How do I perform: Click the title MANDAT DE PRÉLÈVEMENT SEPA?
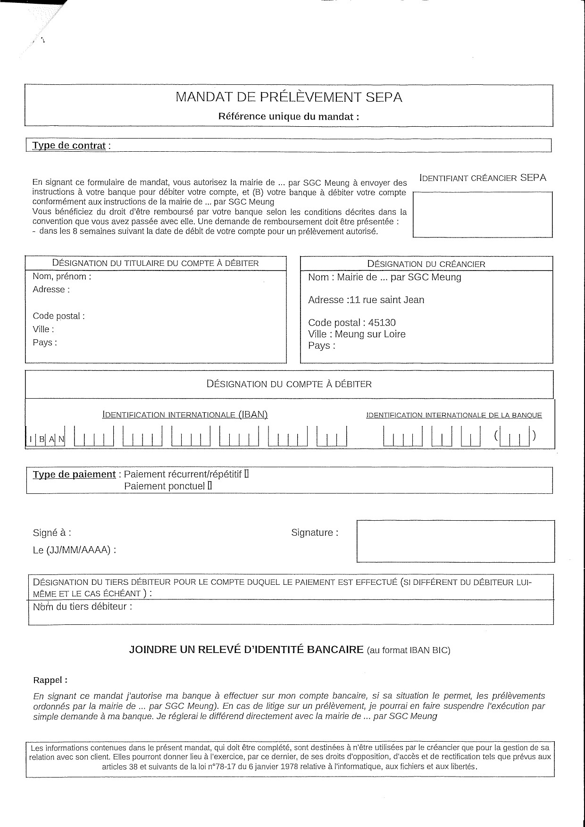tap(289, 97)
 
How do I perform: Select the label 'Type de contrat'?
tap(69, 146)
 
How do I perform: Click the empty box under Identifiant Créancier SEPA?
tap(482, 214)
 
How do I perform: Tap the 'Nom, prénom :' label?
tap(62, 277)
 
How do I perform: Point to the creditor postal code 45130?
tap(382, 323)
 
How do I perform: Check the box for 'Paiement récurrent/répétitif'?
tap(246, 474)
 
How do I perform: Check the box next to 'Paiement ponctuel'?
tap(209, 486)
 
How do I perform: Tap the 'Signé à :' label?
tap(52, 533)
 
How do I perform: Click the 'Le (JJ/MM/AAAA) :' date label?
tap(75, 550)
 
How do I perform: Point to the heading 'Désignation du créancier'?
tap(426, 264)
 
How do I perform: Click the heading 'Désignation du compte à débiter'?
tap(289, 384)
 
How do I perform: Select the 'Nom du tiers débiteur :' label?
tap(83, 607)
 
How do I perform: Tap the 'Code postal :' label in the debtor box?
tap(58, 316)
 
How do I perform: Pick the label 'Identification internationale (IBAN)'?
tap(185, 415)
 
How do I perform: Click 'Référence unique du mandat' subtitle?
tap(288, 116)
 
